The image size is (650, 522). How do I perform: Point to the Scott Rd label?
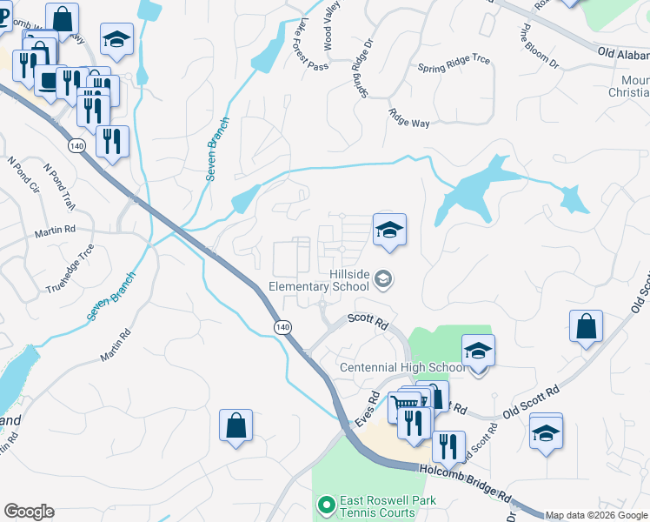[367, 320]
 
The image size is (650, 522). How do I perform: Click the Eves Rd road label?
[368, 409]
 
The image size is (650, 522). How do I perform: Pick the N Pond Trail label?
[63, 187]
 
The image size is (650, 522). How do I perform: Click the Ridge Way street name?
[409, 118]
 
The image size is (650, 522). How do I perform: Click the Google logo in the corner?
[29, 512]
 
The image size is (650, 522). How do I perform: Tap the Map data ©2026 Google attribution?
[597, 515]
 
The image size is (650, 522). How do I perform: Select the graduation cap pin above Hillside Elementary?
[390, 231]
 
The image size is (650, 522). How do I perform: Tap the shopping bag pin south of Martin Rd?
[235, 426]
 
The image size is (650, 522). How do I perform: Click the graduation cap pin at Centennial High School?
[477, 351]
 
